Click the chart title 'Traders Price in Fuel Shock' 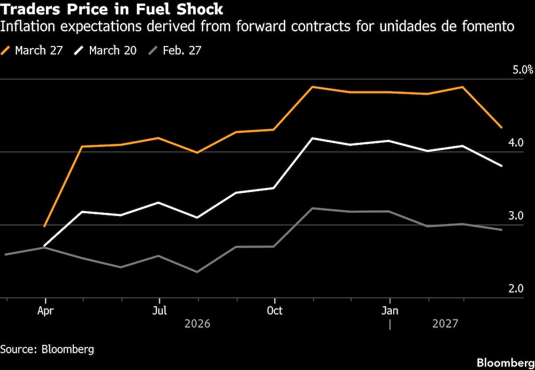[x=112, y=9]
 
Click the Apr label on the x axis [x=45, y=311]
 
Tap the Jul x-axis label [x=159, y=311]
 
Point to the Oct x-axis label [x=274, y=311]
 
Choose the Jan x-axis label [x=390, y=311]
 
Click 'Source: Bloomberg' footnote [x=47, y=350]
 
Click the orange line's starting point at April [x=45, y=226]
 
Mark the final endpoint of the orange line [x=501, y=127]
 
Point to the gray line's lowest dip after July [x=197, y=272]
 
